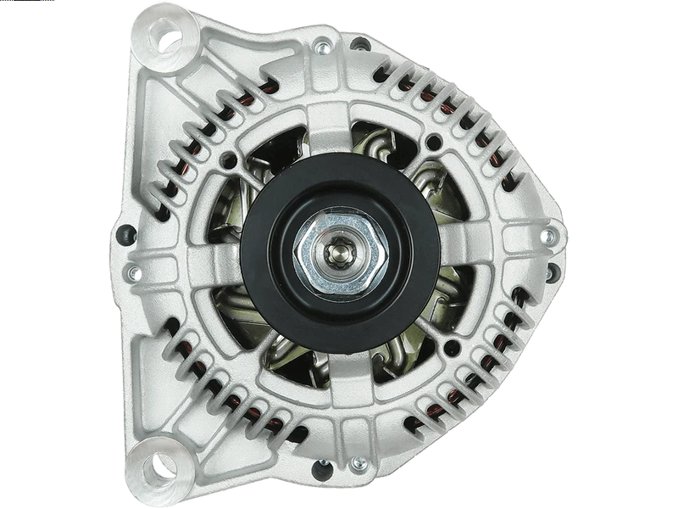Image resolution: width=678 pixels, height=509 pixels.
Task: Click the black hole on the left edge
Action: point(127,231)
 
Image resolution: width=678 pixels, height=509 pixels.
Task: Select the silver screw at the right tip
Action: point(547,235)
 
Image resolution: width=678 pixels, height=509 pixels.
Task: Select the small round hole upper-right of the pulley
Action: point(434,141)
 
